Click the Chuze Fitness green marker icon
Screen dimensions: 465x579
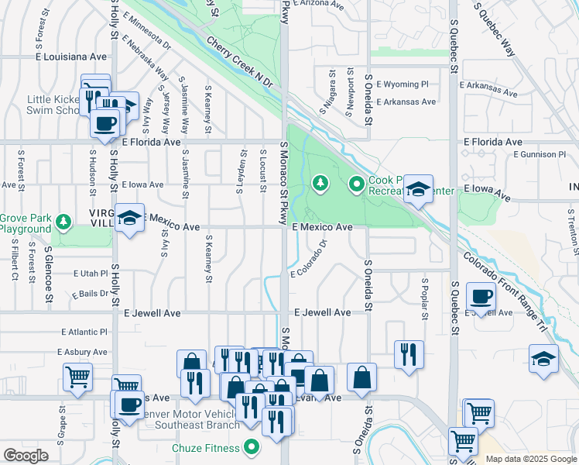(251, 447)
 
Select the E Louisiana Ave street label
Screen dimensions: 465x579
(70, 57)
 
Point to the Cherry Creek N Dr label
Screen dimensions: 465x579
(241, 63)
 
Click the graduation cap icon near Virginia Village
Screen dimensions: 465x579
(129, 218)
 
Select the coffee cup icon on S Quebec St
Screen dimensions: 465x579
(481, 298)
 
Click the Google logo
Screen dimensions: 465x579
(26, 456)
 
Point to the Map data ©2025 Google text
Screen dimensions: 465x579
(530, 459)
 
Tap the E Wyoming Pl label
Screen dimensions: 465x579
(403, 84)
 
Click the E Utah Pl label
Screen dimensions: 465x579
(91, 274)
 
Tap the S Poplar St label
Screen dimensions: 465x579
(424, 298)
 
